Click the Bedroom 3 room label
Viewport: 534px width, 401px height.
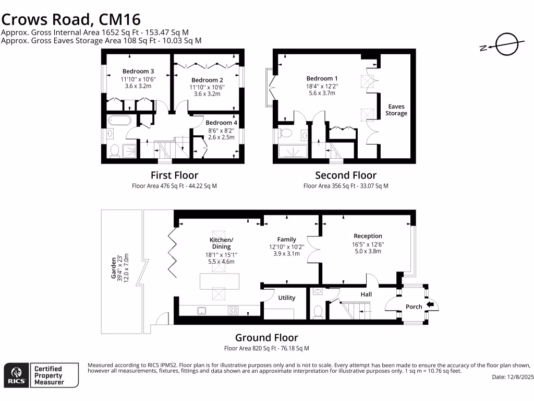(x=138, y=72)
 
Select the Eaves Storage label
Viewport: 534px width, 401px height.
(x=396, y=110)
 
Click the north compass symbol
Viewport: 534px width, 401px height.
(x=505, y=45)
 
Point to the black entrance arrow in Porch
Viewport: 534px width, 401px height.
(x=430, y=305)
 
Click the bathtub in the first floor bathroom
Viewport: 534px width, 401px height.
(x=119, y=122)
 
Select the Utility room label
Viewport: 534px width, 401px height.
(x=287, y=298)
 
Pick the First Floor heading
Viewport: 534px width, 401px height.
(x=174, y=175)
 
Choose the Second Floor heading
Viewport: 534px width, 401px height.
(x=345, y=175)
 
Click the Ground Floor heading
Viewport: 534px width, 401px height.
(x=266, y=338)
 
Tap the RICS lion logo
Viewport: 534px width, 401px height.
(x=16, y=375)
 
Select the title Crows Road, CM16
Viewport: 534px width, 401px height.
(x=71, y=20)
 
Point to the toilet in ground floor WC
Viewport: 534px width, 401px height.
(x=318, y=312)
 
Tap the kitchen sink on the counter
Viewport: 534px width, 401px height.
(x=201, y=310)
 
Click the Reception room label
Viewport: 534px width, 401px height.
(x=368, y=236)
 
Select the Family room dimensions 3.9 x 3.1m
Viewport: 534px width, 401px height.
(x=286, y=254)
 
